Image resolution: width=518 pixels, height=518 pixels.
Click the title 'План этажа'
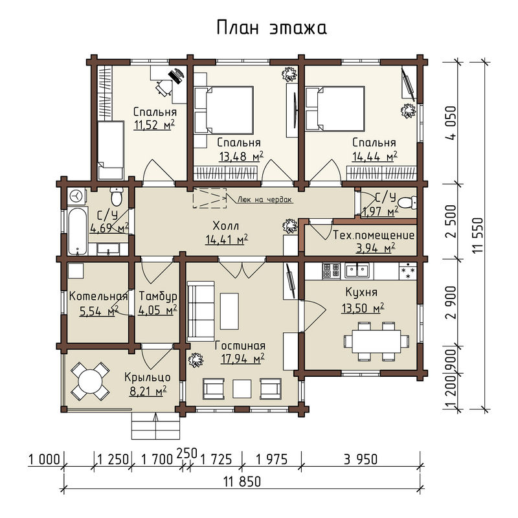click(x=271, y=28)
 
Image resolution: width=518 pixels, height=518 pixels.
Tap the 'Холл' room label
click(x=226, y=226)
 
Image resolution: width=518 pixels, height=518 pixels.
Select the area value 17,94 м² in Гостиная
click(x=243, y=359)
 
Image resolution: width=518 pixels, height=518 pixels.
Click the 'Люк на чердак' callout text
click(x=265, y=199)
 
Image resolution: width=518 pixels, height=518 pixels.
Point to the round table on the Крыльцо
click(x=90, y=381)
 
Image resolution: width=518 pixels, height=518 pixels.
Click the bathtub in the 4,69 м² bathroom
click(x=77, y=231)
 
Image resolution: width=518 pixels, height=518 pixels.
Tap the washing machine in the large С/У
click(x=76, y=196)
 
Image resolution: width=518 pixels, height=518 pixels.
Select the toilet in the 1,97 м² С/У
click(x=407, y=202)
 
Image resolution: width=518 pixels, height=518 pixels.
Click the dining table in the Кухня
click(x=377, y=341)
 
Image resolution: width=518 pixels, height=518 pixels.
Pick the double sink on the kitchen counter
click(x=357, y=271)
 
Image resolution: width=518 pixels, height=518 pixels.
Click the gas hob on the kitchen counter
click(x=331, y=271)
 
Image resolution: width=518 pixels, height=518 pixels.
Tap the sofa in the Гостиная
click(x=201, y=311)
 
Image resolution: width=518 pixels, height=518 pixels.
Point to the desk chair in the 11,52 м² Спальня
click(x=164, y=87)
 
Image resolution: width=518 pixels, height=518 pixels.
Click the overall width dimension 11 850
click(x=242, y=482)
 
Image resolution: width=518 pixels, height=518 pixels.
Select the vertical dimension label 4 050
click(x=451, y=123)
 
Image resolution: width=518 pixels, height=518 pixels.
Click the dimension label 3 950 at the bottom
click(x=361, y=459)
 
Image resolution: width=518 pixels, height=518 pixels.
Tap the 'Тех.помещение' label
click(x=374, y=235)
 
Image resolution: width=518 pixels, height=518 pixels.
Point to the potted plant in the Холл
click(x=290, y=227)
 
